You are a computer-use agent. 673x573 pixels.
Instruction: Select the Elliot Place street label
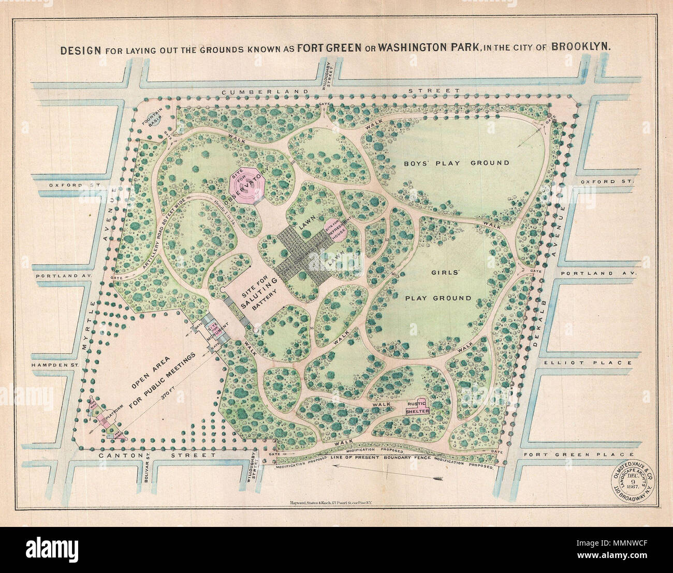587,363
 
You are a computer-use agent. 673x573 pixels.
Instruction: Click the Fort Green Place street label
577,455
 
